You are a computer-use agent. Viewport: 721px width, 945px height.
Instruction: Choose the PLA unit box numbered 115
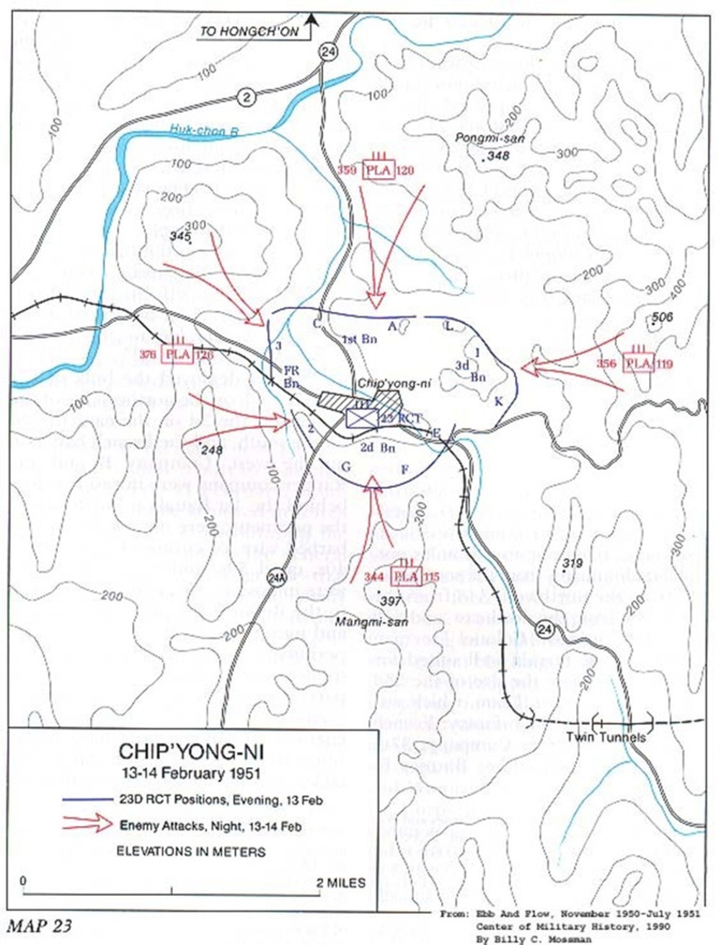[407, 576]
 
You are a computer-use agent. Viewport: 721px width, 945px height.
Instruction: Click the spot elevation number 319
[572, 563]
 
